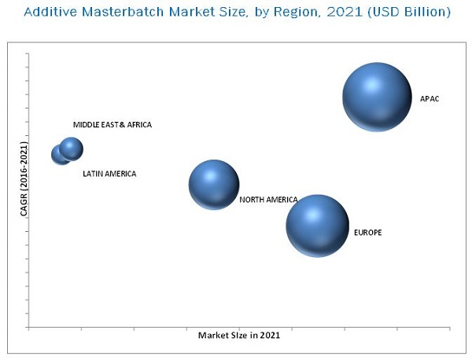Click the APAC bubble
377,97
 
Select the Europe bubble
316,226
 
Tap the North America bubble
213,185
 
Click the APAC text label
430,98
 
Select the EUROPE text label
367,233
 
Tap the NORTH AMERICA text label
268,200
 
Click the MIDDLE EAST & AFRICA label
112,125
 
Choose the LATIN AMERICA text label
109,174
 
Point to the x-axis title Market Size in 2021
238,334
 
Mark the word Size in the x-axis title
239,334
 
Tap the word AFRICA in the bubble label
138,125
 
